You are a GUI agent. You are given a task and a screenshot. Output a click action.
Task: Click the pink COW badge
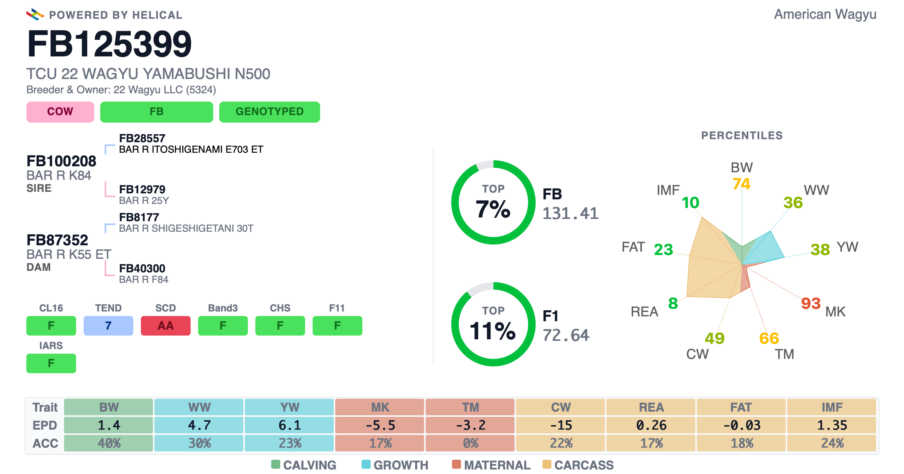[x=60, y=112]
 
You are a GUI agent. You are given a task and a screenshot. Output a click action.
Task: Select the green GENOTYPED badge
[x=270, y=112]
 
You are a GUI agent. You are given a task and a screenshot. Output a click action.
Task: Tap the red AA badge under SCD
[x=166, y=325]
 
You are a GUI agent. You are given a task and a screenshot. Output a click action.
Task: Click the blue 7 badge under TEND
[x=108, y=325]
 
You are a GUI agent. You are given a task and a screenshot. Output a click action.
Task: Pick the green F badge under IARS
[x=51, y=363]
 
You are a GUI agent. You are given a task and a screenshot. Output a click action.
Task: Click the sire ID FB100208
[x=61, y=161]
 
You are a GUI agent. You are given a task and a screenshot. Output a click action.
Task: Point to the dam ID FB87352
[x=57, y=240]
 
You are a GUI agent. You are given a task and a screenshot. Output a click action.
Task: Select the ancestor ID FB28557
[x=142, y=138]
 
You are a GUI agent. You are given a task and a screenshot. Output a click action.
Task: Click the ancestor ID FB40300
[x=142, y=268]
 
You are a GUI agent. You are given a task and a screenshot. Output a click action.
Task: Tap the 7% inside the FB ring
[x=493, y=209]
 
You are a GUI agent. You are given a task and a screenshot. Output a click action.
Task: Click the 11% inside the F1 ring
[x=493, y=331]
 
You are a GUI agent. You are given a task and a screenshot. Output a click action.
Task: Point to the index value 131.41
[x=570, y=213]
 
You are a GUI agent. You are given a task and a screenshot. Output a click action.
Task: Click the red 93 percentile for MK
[x=811, y=303]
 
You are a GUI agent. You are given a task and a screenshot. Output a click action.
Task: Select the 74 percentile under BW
[x=741, y=184]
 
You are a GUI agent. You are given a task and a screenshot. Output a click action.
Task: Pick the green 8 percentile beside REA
[x=673, y=303]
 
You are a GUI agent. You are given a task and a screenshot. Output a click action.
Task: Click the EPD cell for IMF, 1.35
[x=832, y=425]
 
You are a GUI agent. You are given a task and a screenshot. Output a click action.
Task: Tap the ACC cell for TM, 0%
[x=470, y=443]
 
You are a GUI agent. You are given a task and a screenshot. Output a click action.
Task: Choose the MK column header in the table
[x=380, y=407]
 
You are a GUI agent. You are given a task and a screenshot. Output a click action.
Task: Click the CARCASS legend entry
[x=578, y=465]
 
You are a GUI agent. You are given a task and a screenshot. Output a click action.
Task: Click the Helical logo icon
[x=35, y=14]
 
